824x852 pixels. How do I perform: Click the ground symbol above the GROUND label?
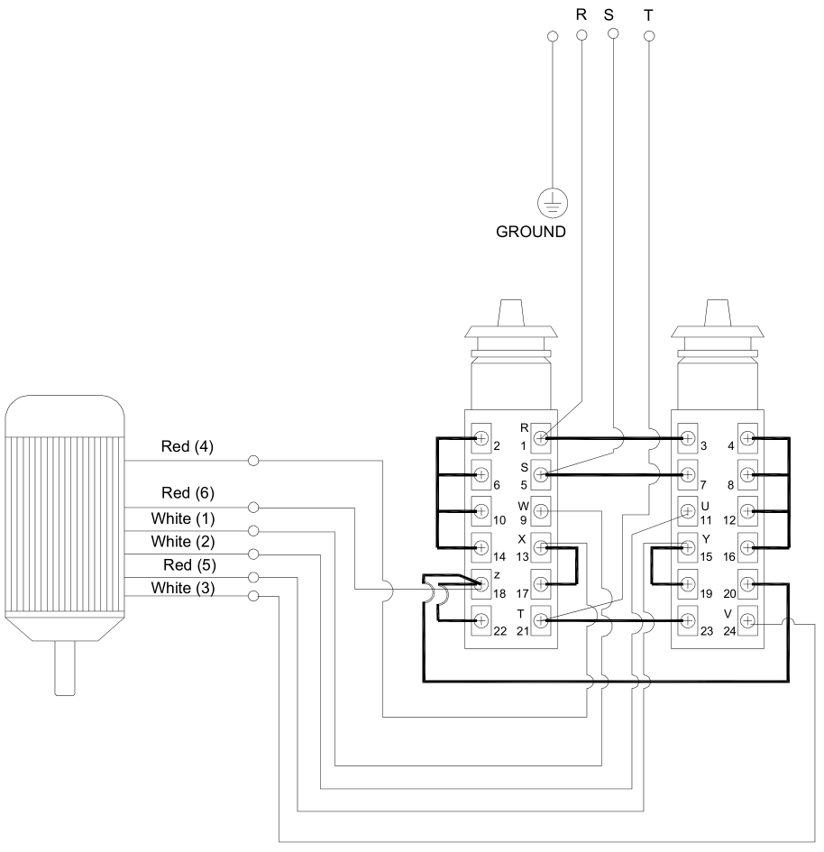pyautogui.click(x=553, y=204)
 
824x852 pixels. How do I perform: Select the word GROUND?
pyautogui.click(x=531, y=232)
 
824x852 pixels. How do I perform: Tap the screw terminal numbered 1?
pyautogui.click(x=540, y=438)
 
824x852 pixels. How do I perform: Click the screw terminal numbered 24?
pyautogui.click(x=747, y=620)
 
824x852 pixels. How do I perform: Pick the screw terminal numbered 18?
pyautogui.click(x=481, y=584)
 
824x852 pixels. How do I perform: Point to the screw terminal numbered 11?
pyautogui.click(x=688, y=511)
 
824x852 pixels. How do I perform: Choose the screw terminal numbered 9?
pyautogui.click(x=540, y=511)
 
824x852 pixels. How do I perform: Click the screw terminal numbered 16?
pyautogui.click(x=747, y=548)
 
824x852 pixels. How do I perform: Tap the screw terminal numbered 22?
pyautogui.click(x=481, y=620)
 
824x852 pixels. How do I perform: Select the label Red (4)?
pyautogui.click(x=188, y=446)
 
